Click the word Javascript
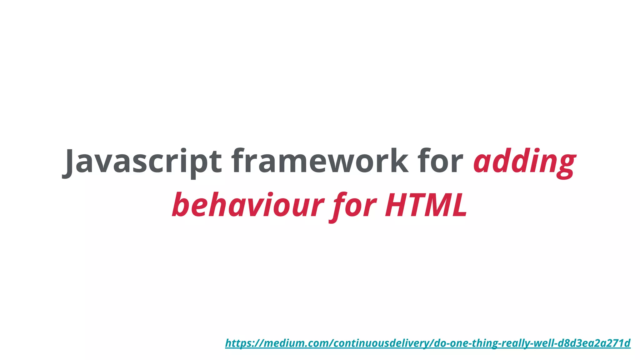pos(142,161)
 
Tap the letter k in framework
pos(398,161)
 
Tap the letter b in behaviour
pos(182,205)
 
